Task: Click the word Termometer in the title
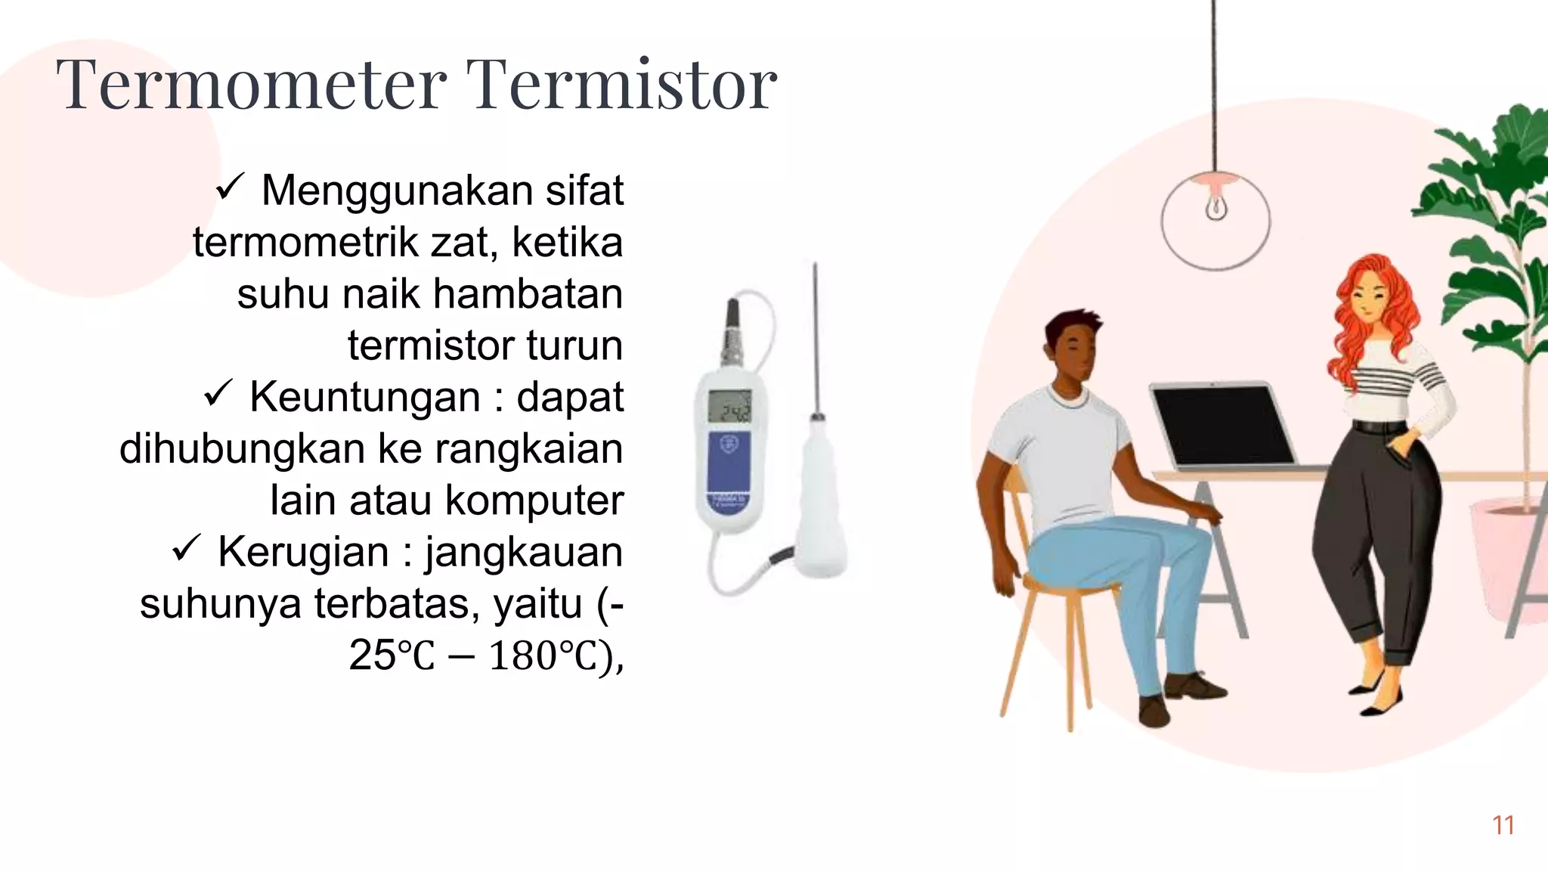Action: click(251, 85)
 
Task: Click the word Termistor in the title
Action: click(621, 85)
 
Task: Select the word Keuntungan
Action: click(365, 397)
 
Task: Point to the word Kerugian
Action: click(303, 552)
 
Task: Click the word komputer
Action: click(534, 501)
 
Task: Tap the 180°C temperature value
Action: click(546, 656)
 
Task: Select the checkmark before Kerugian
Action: click(186, 549)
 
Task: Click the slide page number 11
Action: click(1503, 826)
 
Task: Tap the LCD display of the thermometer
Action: click(729, 408)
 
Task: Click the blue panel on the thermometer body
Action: click(729, 469)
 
